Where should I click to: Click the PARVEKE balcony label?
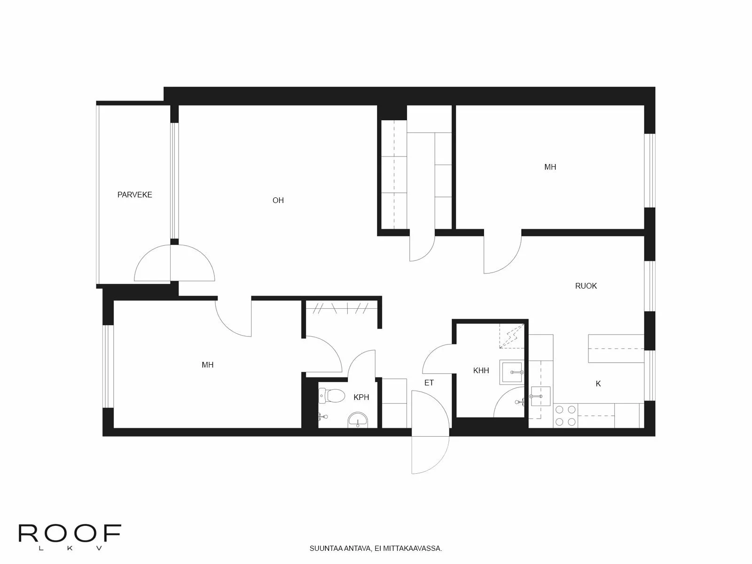click(135, 195)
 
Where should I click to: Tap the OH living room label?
click(278, 200)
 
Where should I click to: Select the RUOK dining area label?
click(586, 286)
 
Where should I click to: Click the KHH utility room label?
click(481, 370)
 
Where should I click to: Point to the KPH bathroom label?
click(361, 397)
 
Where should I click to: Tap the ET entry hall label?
click(429, 383)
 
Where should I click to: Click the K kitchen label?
click(598, 384)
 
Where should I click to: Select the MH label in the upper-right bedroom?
click(550, 167)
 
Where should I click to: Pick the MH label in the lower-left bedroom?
click(207, 365)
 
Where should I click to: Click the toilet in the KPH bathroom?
click(332, 396)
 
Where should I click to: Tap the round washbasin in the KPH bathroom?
click(358, 420)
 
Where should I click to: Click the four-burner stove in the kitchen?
click(565, 415)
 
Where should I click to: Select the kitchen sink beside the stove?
click(540, 396)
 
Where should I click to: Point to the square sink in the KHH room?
click(511, 372)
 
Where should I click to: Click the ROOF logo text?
click(70, 533)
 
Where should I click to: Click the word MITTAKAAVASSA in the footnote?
click(415, 548)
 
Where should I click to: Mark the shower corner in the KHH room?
click(511, 336)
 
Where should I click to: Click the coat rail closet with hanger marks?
click(342, 308)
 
